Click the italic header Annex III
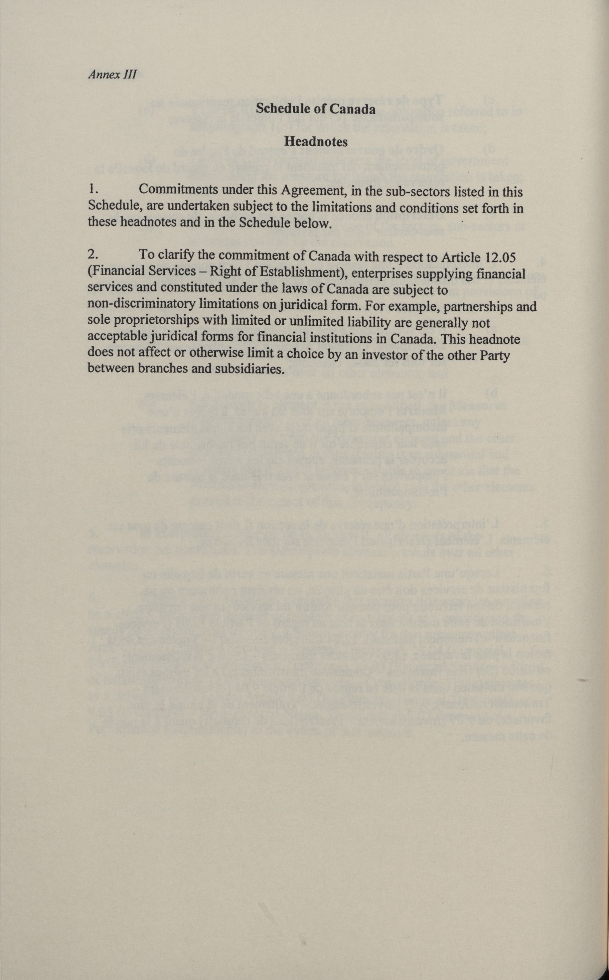pos(112,74)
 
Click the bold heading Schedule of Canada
pos(316,109)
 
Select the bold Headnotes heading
pos(316,141)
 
